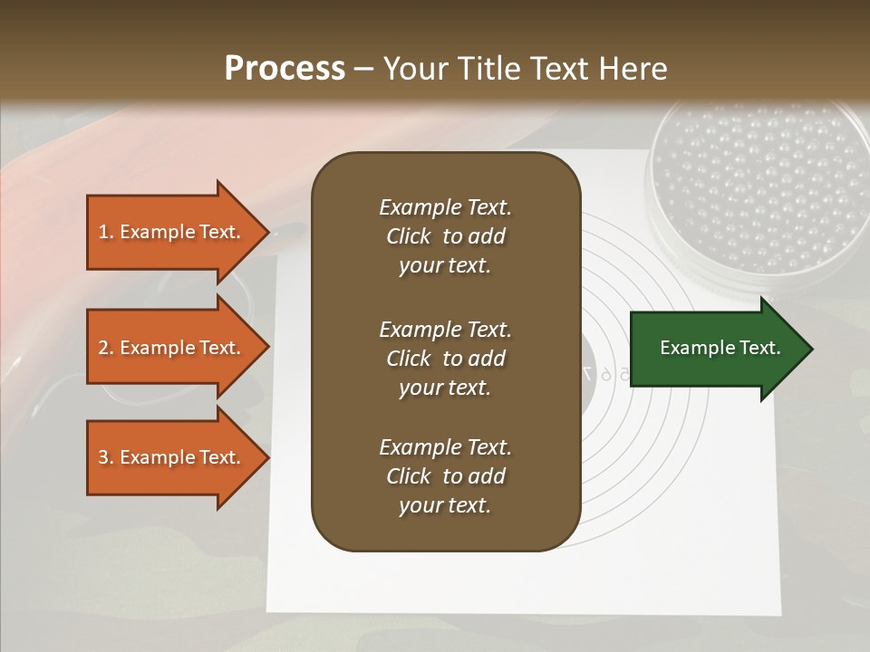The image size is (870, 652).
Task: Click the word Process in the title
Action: click(x=285, y=69)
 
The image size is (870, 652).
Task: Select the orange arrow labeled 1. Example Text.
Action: click(x=172, y=232)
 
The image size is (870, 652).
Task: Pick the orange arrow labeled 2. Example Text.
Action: click(x=172, y=348)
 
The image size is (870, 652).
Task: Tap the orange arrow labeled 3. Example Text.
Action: click(x=172, y=457)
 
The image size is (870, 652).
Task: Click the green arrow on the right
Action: click(x=716, y=349)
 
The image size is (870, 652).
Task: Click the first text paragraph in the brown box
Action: click(x=445, y=236)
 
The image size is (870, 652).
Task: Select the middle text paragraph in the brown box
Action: click(x=445, y=359)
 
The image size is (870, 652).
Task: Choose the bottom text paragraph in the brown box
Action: click(x=445, y=476)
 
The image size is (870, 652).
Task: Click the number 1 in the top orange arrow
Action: click(x=103, y=233)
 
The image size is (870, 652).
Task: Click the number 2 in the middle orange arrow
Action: click(x=104, y=349)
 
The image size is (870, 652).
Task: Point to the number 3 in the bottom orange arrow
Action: click(x=104, y=458)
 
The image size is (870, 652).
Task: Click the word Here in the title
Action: click(x=634, y=69)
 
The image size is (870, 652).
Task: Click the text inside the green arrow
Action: click(x=720, y=348)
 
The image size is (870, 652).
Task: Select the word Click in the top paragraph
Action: click(x=409, y=236)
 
